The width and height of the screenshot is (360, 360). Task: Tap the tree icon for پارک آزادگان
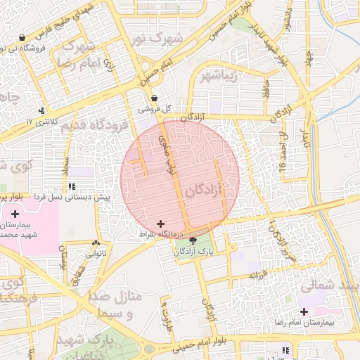193,240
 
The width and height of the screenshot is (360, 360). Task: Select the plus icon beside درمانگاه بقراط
160,223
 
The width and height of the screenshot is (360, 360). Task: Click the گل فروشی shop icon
153,98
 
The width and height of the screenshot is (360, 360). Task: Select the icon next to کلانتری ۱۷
42,110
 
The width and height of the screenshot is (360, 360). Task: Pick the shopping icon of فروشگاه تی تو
22,38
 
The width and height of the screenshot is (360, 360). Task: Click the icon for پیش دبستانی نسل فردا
71,186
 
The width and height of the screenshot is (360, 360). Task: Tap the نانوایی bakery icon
96,243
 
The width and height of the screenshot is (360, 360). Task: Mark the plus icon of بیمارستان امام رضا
304,311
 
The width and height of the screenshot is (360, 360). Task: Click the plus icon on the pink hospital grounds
15,213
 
